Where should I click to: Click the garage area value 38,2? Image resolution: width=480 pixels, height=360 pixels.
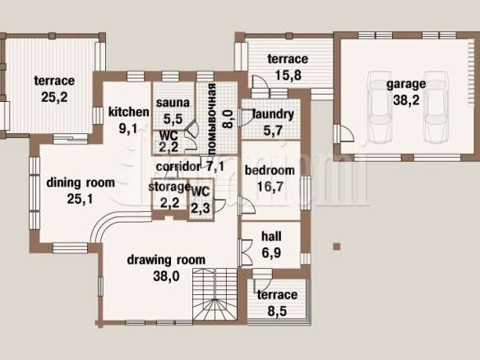(x=406, y=100)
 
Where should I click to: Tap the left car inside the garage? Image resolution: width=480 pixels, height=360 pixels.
(x=380, y=107)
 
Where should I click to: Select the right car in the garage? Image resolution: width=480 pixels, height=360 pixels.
(x=436, y=107)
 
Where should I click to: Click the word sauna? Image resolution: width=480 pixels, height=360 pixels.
(x=173, y=103)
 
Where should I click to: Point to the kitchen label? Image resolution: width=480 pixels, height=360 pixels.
(x=129, y=112)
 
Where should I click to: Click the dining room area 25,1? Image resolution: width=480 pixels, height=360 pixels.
(x=80, y=199)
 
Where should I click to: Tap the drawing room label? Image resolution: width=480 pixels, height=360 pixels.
(x=166, y=260)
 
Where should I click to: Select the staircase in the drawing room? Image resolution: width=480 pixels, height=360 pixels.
(x=215, y=294)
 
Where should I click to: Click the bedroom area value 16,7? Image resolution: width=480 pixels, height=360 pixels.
(x=270, y=187)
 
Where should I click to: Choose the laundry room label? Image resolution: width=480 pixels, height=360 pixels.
(x=273, y=114)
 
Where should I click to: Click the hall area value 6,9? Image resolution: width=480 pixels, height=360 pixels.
(x=271, y=252)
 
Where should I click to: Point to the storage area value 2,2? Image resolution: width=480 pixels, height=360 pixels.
(x=169, y=202)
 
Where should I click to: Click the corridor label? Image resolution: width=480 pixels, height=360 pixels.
(x=178, y=167)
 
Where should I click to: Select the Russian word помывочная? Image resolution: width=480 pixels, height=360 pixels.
(x=212, y=119)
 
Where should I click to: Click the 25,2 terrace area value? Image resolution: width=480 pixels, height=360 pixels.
(x=54, y=97)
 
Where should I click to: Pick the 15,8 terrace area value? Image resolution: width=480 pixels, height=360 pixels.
(x=288, y=75)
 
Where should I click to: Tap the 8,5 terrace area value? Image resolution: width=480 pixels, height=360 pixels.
(x=277, y=311)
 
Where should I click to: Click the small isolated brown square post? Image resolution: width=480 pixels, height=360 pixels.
(x=337, y=247)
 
